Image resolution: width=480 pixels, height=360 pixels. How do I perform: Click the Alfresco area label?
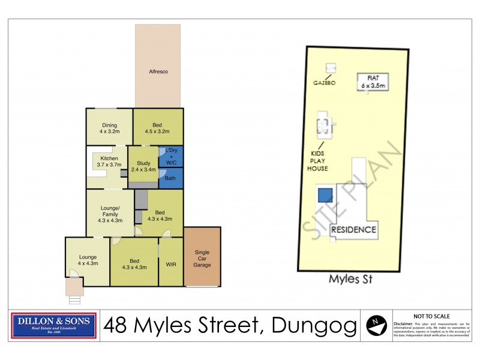[158, 72]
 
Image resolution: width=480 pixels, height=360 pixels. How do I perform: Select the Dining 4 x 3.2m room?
[109, 128]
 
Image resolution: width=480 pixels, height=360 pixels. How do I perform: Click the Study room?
[143, 166]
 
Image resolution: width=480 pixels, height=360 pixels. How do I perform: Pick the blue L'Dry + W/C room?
[171, 156]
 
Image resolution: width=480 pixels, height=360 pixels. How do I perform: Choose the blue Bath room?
[170, 178]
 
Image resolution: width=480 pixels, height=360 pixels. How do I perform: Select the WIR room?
[170, 263]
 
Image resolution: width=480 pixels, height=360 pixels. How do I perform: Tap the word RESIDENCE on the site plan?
[354, 229]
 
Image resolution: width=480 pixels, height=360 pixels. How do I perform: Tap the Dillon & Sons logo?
[55, 325]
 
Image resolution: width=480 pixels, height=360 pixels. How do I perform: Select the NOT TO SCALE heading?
[431, 316]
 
